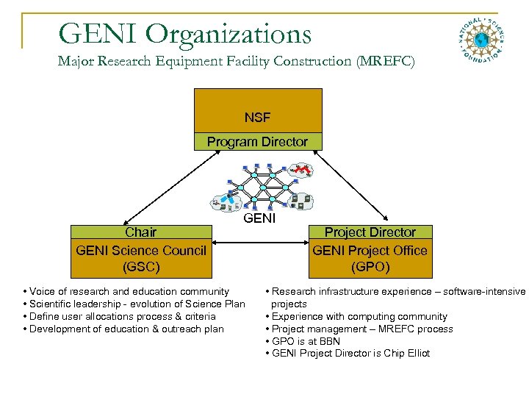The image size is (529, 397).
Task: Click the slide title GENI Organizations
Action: tap(184, 33)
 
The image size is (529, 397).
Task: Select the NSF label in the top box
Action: tap(257, 118)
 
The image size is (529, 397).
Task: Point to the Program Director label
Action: tap(257, 142)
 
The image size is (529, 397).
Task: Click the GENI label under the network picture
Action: tap(259, 218)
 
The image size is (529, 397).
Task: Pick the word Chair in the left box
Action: tap(140, 232)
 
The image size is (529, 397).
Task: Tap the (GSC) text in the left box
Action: tap(140, 267)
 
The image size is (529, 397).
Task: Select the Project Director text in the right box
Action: tap(370, 232)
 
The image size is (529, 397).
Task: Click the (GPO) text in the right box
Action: tap(370, 267)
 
